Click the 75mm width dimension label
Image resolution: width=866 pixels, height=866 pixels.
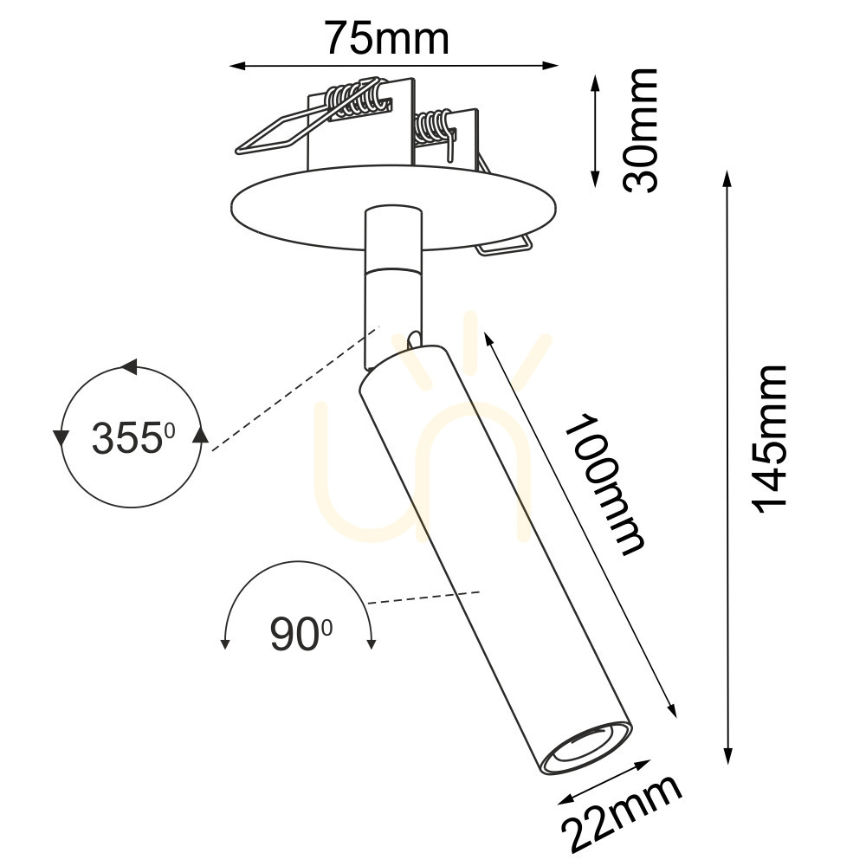pyautogui.click(x=386, y=39)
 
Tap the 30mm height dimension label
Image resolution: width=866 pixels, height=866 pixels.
pyautogui.click(x=641, y=131)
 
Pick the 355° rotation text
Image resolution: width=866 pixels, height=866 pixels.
pyautogui.click(x=133, y=438)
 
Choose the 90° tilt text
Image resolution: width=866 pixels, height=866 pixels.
pyautogui.click(x=301, y=635)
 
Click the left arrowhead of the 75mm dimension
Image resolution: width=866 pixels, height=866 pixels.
pyautogui.click(x=237, y=67)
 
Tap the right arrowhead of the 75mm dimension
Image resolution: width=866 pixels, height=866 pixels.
pyautogui.click(x=551, y=66)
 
